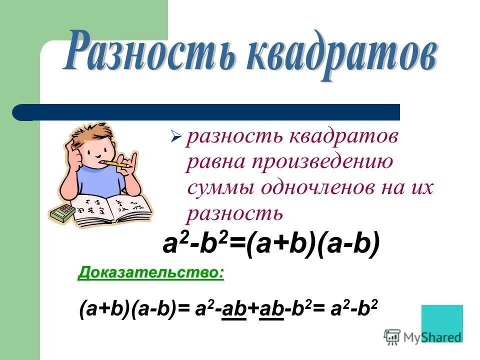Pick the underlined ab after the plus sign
[273, 310]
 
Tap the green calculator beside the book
[62, 212]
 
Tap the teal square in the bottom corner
[442, 322]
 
